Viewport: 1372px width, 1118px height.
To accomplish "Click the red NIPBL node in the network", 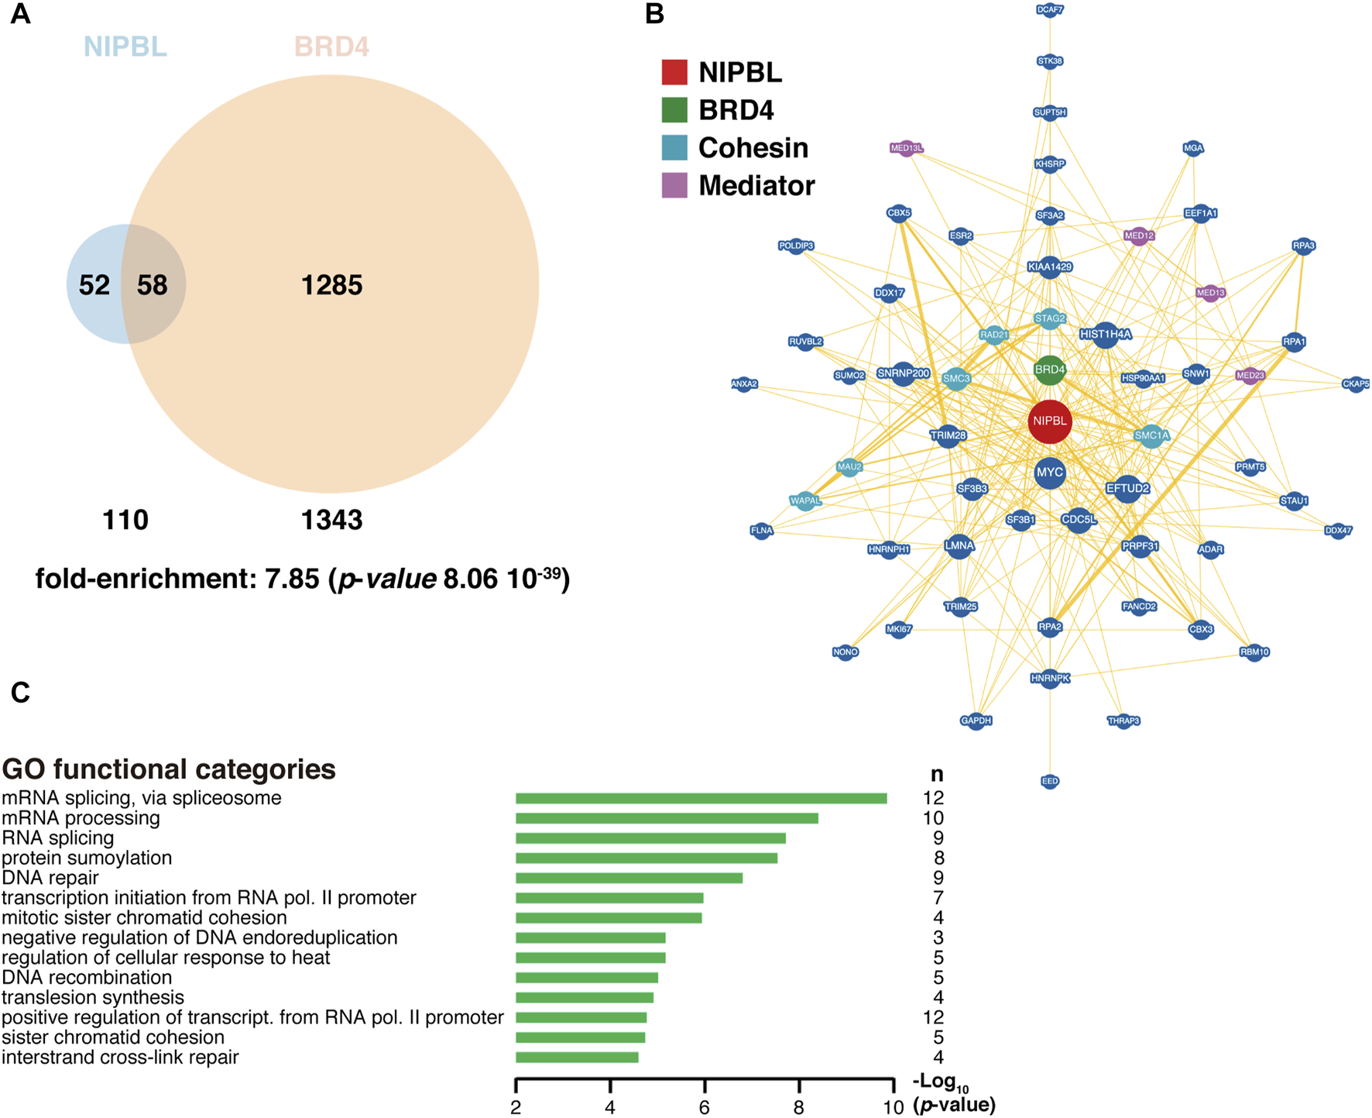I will click(x=1049, y=421).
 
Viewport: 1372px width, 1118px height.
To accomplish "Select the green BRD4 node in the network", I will click(x=1049, y=370).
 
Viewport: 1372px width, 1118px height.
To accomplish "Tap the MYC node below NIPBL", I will click(x=1049, y=473).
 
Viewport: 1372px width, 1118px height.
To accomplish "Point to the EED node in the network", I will click(x=1049, y=781).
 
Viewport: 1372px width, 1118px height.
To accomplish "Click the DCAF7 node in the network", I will click(x=1049, y=10).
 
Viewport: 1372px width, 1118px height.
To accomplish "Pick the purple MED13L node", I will click(x=906, y=148).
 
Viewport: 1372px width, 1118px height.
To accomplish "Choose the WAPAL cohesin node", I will click(x=805, y=501).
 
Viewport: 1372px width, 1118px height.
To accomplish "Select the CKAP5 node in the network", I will click(x=1355, y=384).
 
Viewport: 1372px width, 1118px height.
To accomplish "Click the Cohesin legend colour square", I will click(x=674, y=147).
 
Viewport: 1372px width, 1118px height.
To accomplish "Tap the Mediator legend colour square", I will click(x=674, y=185).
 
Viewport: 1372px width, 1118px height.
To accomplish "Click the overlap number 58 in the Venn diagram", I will click(x=153, y=285).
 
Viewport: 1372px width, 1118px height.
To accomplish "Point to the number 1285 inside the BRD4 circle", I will click(x=331, y=285).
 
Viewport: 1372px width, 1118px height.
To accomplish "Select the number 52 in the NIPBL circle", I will click(x=94, y=285).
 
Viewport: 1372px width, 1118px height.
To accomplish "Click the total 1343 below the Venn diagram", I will click(x=331, y=520).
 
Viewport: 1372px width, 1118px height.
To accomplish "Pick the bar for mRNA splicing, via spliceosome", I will click(x=701, y=798).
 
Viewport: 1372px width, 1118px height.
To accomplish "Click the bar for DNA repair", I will click(x=629, y=878).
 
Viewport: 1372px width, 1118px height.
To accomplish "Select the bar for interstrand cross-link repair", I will click(x=577, y=1058).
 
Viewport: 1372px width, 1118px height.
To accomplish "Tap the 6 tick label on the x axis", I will click(x=704, y=1107).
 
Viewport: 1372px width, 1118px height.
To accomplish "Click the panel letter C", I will click(x=20, y=692).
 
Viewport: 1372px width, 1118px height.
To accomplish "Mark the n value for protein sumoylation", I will click(x=938, y=858).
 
